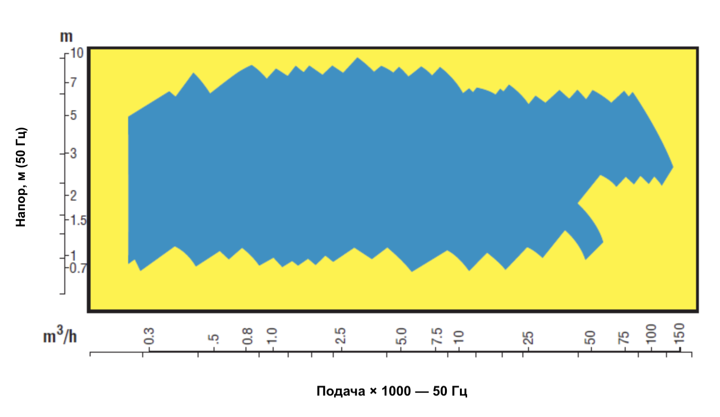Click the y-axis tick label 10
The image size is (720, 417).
point(77,53)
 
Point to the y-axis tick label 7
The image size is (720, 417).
point(74,83)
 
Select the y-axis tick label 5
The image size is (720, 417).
point(74,115)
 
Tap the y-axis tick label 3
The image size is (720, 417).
point(74,154)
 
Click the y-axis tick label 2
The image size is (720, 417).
point(74,196)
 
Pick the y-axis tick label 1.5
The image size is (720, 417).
point(78,220)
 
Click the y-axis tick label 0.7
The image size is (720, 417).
point(78,268)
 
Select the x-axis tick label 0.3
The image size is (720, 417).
point(149,336)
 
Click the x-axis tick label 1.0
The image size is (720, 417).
point(272,336)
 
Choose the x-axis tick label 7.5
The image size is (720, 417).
point(437,336)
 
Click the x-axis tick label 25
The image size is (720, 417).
point(528,338)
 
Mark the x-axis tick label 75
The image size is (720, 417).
point(624,338)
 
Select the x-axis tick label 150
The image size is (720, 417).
point(679,333)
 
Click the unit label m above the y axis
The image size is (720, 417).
point(66,37)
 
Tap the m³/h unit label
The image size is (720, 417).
point(60,336)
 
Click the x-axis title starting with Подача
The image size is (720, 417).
point(392,391)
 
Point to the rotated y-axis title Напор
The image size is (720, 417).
point(22,177)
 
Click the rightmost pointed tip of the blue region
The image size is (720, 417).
point(673,167)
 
